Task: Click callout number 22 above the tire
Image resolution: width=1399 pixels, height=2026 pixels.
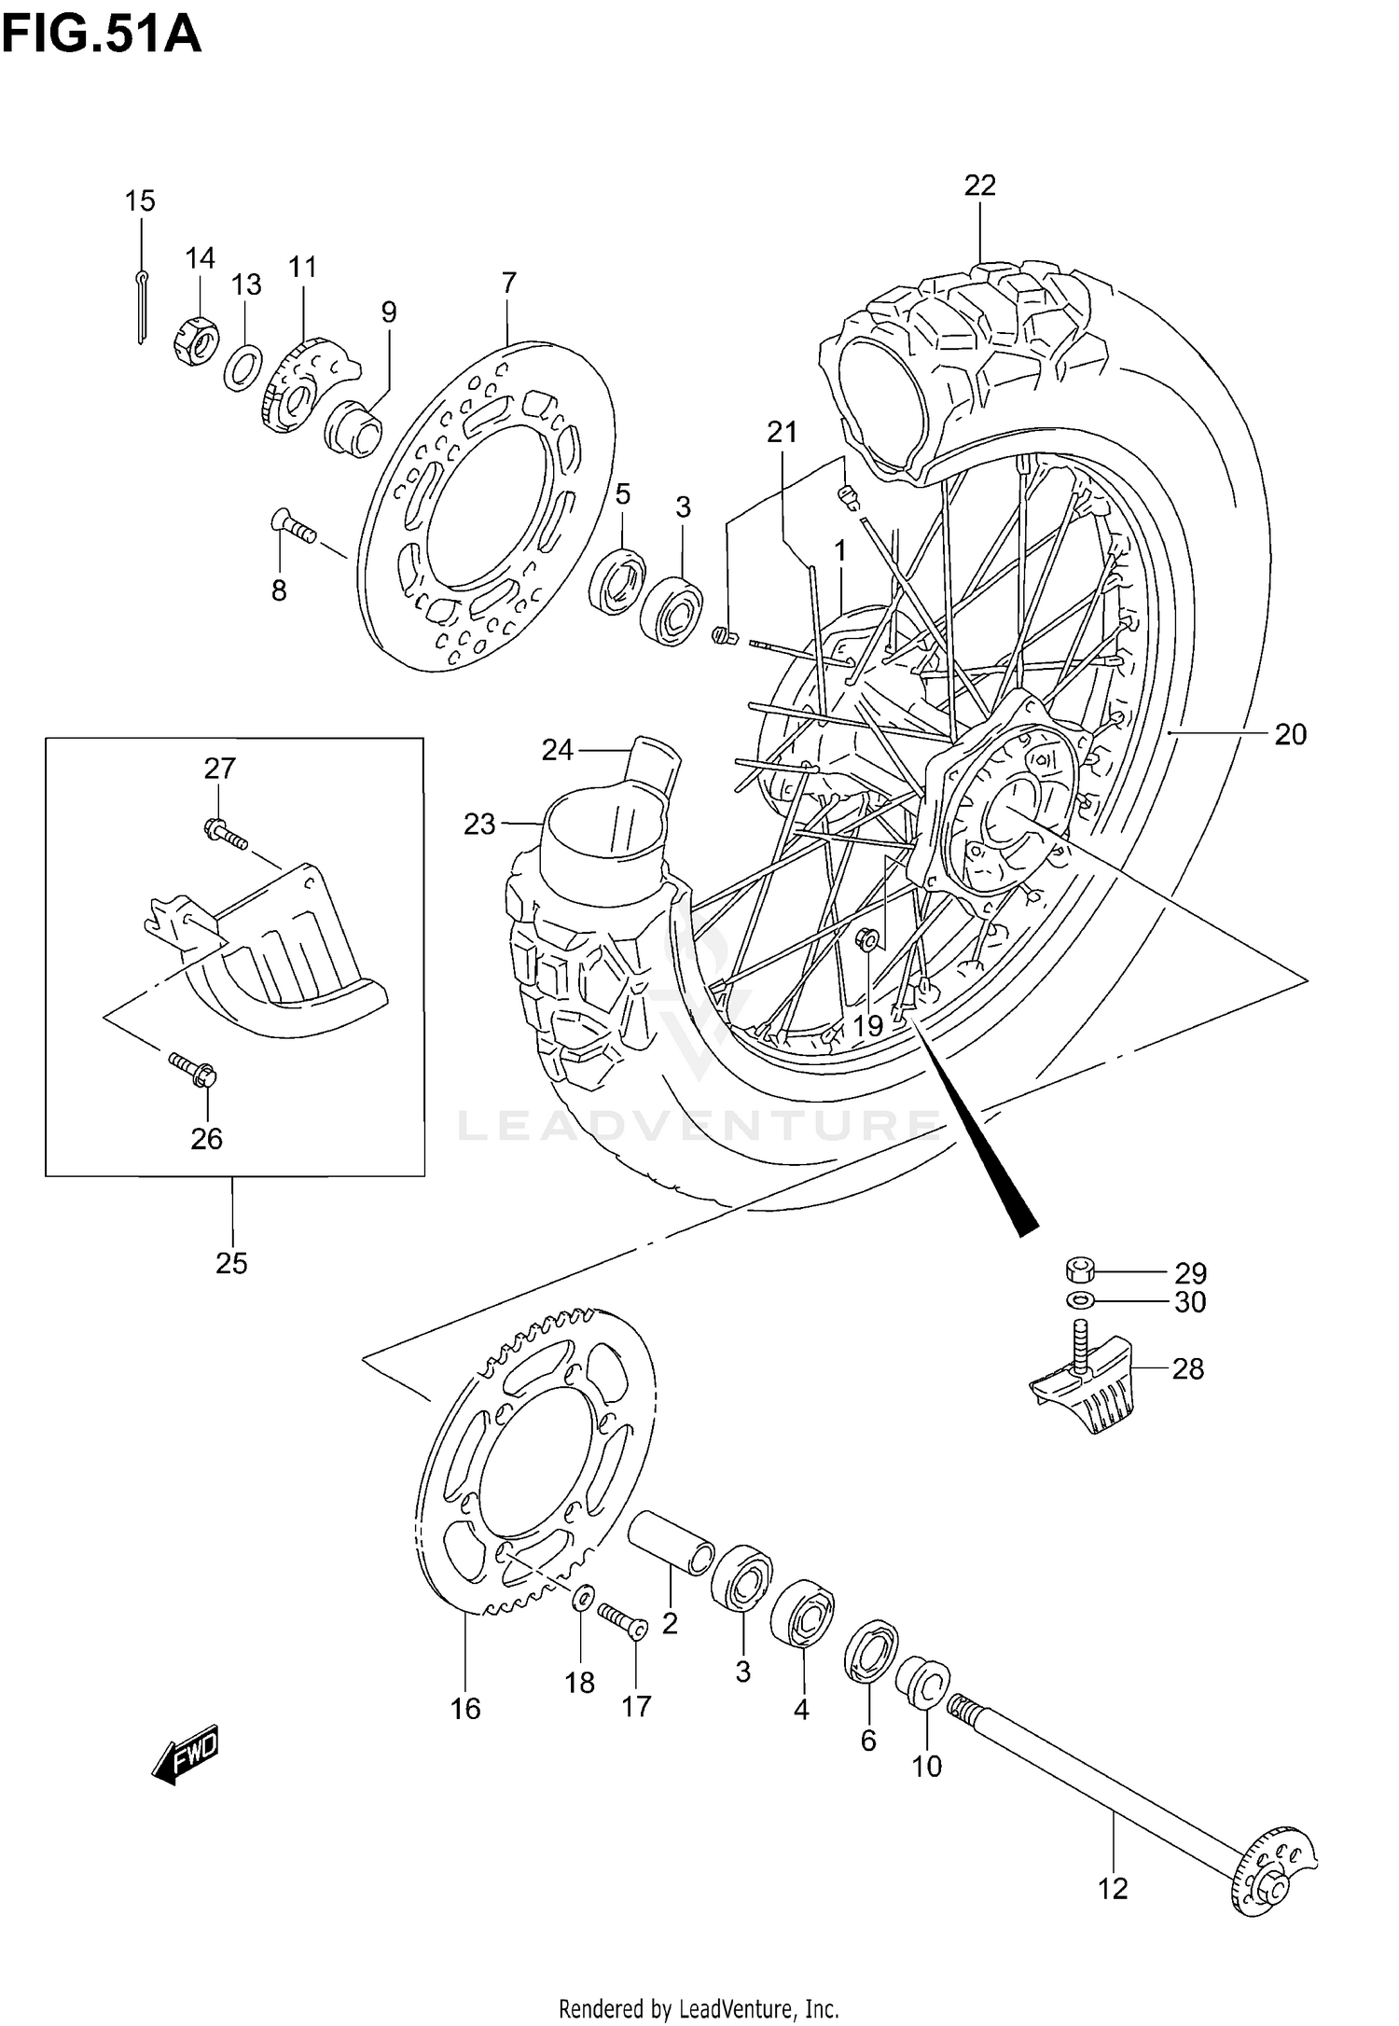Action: (980, 186)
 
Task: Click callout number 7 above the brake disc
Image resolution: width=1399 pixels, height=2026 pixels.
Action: (508, 282)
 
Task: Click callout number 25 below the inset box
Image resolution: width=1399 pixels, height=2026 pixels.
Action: (231, 1263)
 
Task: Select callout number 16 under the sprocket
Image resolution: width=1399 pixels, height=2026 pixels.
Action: (465, 1707)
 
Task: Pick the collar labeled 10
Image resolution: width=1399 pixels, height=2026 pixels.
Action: (923, 1685)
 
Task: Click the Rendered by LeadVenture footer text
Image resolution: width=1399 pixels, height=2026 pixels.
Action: (699, 2001)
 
